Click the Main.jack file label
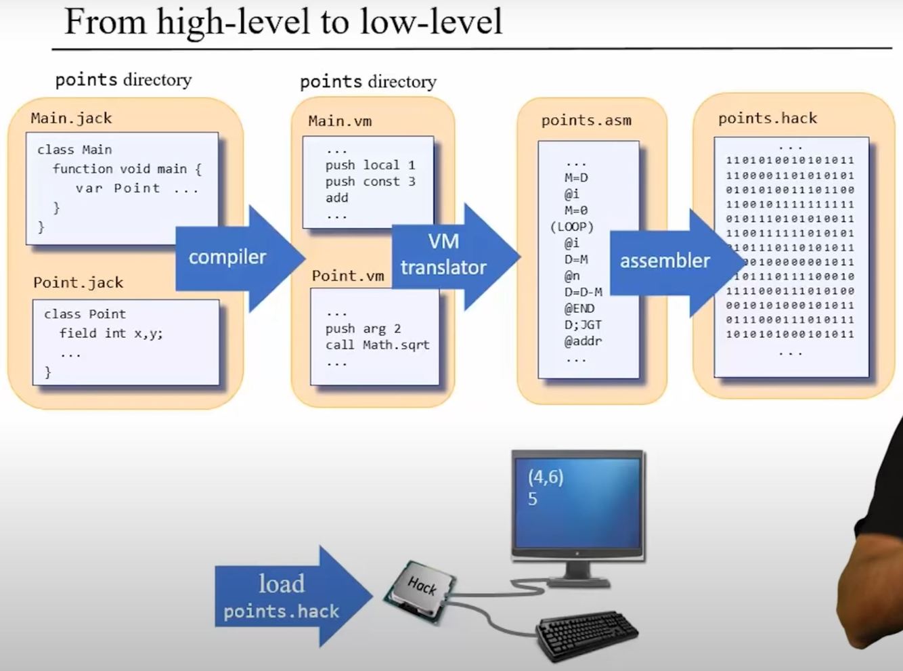pyautogui.click(x=71, y=118)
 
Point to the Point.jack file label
pyautogui.click(x=79, y=283)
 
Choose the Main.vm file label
pyautogui.click(x=340, y=121)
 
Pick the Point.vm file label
pyautogui.click(x=348, y=276)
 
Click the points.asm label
pyautogui.click(x=586, y=121)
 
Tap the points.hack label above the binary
pyautogui.click(x=768, y=118)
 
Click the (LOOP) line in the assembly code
pyautogui.click(x=572, y=227)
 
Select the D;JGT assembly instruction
pyautogui.click(x=583, y=325)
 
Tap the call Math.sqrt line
pyautogui.click(x=377, y=345)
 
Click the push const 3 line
pyautogui.click(x=370, y=181)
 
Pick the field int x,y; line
pyautogui.click(x=111, y=333)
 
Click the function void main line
pyautogui.click(x=127, y=169)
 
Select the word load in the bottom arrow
pyautogui.click(x=281, y=584)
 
